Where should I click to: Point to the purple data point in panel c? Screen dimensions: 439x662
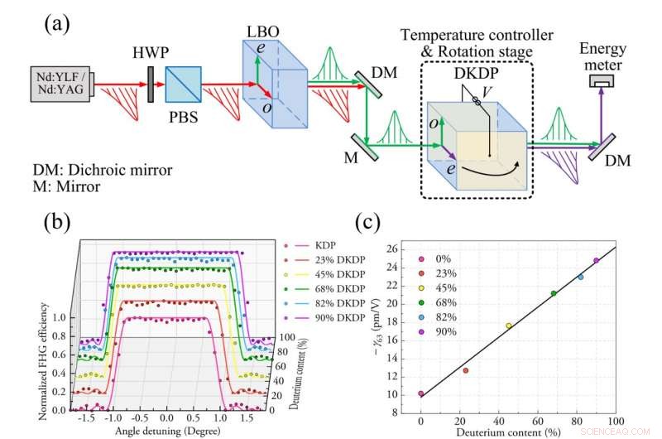596,261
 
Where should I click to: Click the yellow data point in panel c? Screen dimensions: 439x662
509,326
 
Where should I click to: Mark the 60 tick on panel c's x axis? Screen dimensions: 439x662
538,421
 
